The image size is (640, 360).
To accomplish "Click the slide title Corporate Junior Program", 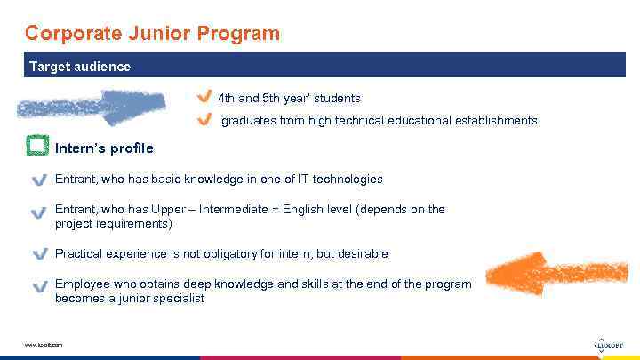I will click(152, 34).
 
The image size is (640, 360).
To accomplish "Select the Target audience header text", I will click(80, 67).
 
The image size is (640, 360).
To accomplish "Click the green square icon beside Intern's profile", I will click(37, 146).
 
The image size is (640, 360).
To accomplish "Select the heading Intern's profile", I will click(104, 148).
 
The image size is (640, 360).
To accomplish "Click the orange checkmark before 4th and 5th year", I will click(204, 97).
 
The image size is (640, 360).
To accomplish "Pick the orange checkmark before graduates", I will click(204, 119).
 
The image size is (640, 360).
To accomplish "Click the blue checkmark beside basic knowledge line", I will click(39, 180).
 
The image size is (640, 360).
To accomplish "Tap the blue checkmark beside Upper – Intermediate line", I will click(39, 212).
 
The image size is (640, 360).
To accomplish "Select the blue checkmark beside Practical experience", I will click(39, 254).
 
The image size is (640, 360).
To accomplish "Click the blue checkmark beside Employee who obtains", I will click(39, 286).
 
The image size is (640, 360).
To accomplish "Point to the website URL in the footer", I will click(44, 345).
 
